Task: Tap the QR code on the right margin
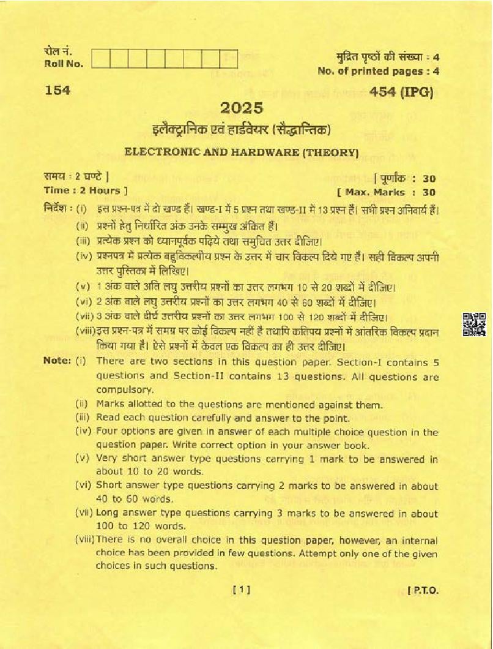tap(474, 324)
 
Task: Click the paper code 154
tap(57, 91)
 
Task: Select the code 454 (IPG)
tap(401, 92)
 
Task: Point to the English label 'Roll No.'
tap(59, 64)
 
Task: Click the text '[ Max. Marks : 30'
tap(390, 192)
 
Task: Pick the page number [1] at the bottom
tap(242, 590)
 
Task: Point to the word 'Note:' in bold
tap(57, 361)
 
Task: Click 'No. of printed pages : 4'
tap(379, 71)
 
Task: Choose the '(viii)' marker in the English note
tap(84, 540)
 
